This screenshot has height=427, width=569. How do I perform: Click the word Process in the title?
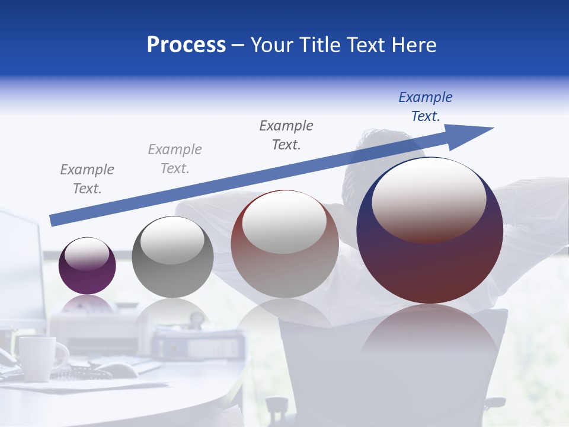[186, 45]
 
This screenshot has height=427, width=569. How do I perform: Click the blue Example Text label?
[426, 107]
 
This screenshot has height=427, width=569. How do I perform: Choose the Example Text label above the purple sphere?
[87, 179]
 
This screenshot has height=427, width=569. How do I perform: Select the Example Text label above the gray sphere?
[175, 159]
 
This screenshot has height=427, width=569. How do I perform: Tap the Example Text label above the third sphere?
[286, 135]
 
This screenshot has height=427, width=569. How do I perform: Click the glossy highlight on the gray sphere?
[172, 240]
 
